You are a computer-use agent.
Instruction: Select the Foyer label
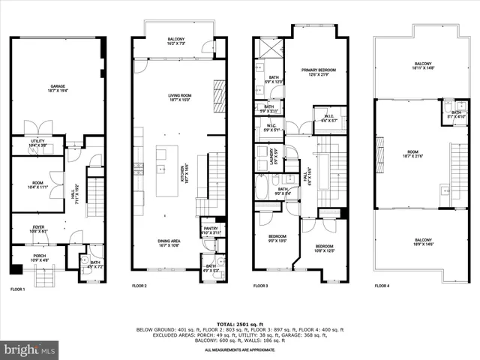point(37,229)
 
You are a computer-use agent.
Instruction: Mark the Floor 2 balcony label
point(176,41)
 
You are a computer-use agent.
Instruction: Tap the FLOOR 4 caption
point(382,286)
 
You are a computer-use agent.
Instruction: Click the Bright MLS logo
point(30,350)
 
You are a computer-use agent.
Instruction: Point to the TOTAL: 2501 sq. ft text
point(239,324)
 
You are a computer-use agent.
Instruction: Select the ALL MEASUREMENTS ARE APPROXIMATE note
point(239,349)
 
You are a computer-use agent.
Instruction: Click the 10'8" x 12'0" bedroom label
point(324,248)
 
